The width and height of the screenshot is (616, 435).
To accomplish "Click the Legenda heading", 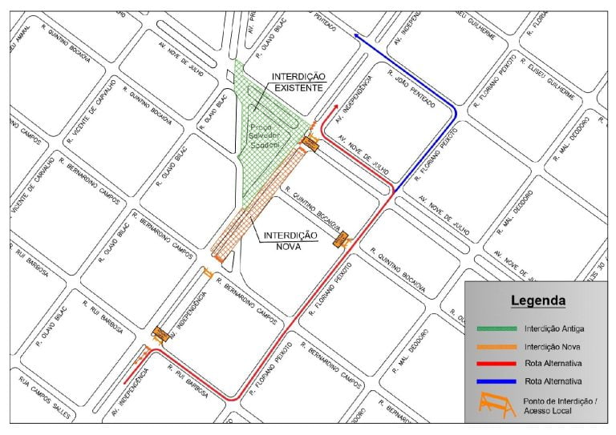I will (x=538, y=301).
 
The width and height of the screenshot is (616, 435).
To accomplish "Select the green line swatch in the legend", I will (x=496, y=328).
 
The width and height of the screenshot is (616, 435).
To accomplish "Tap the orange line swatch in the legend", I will (x=496, y=346).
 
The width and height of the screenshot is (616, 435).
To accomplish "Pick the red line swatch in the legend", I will (x=496, y=364).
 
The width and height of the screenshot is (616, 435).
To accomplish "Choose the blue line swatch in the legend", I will (x=496, y=381).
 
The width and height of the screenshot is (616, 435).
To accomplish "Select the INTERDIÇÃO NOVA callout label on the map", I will (x=291, y=240).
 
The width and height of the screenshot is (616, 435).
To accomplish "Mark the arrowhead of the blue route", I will (x=354, y=35).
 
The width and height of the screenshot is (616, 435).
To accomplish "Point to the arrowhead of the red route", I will (x=335, y=107).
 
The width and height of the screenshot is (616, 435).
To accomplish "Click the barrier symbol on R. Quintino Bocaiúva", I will (x=342, y=240).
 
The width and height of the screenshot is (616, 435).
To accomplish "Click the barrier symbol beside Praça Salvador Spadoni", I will (x=310, y=143).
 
